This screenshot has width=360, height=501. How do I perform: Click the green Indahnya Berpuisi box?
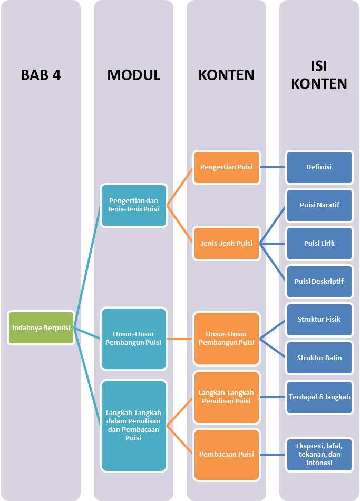click(x=41, y=327)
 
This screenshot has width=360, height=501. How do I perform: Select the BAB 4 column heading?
click(x=41, y=75)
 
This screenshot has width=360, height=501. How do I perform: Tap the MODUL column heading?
click(x=133, y=75)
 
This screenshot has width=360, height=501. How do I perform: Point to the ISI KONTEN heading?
click(x=319, y=75)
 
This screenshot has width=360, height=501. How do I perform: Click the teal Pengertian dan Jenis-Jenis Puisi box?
click(x=134, y=205)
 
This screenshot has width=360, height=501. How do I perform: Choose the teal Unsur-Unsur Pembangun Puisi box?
click(x=134, y=339)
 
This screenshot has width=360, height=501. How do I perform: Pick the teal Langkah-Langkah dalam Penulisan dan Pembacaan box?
click(x=134, y=425)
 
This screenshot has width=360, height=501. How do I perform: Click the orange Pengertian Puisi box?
click(x=227, y=167)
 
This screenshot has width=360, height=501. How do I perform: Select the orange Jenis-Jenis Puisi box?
click(x=227, y=243)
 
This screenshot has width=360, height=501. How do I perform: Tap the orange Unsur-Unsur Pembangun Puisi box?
click(x=227, y=339)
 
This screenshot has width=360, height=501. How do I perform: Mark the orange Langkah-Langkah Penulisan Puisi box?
click(x=227, y=397)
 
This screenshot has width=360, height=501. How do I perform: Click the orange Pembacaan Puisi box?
click(x=227, y=454)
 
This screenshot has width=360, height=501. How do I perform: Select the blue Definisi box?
click(x=319, y=167)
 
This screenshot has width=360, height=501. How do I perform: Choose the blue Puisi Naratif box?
click(x=319, y=205)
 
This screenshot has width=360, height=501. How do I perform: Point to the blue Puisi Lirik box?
click(x=319, y=243)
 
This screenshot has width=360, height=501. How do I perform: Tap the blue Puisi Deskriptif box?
click(x=319, y=281)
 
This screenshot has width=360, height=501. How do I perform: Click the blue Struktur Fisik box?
click(x=319, y=319)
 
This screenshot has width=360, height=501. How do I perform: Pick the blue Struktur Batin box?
click(x=319, y=358)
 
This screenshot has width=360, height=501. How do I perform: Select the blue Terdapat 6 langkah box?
click(x=319, y=397)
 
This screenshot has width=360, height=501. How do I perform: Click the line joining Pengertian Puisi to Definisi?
click(x=273, y=167)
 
